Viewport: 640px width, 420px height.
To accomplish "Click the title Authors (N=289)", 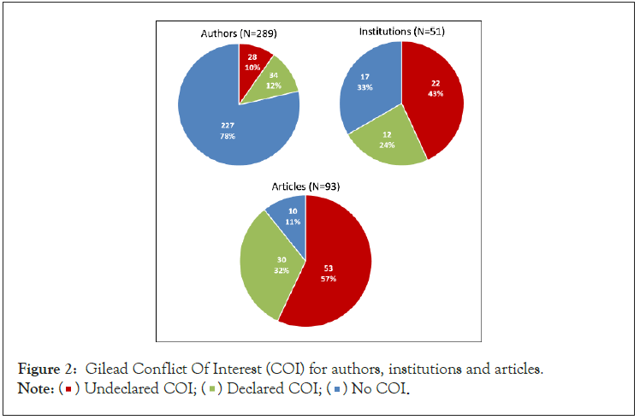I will click(x=238, y=33).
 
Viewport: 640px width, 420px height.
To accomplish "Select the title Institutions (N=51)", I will click(x=400, y=32).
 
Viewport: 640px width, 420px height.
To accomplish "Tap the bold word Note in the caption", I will click(x=33, y=390).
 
